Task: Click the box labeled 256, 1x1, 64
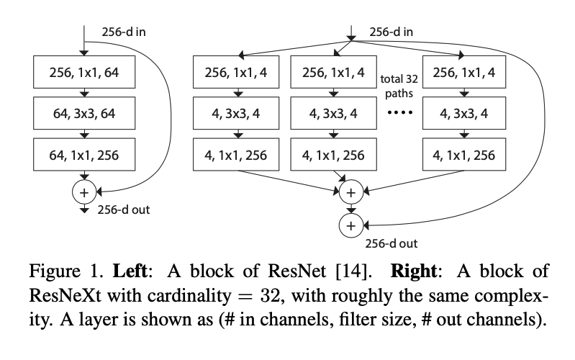tap(84, 72)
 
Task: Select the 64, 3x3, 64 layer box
tap(84, 113)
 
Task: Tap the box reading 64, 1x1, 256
tap(84, 155)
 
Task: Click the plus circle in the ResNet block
tap(84, 192)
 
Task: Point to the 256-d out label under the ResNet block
tap(124, 210)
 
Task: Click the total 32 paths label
tap(399, 86)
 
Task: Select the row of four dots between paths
tap(399, 112)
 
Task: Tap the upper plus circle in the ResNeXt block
tap(351, 192)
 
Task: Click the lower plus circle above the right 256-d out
tap(351, 225)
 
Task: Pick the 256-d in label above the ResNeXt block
tap(391, 32)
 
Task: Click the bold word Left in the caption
tap(130, 271)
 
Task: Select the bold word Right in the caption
tap(414, 271)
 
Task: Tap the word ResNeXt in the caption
tap(65, 295)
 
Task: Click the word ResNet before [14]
tap(296, 271)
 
